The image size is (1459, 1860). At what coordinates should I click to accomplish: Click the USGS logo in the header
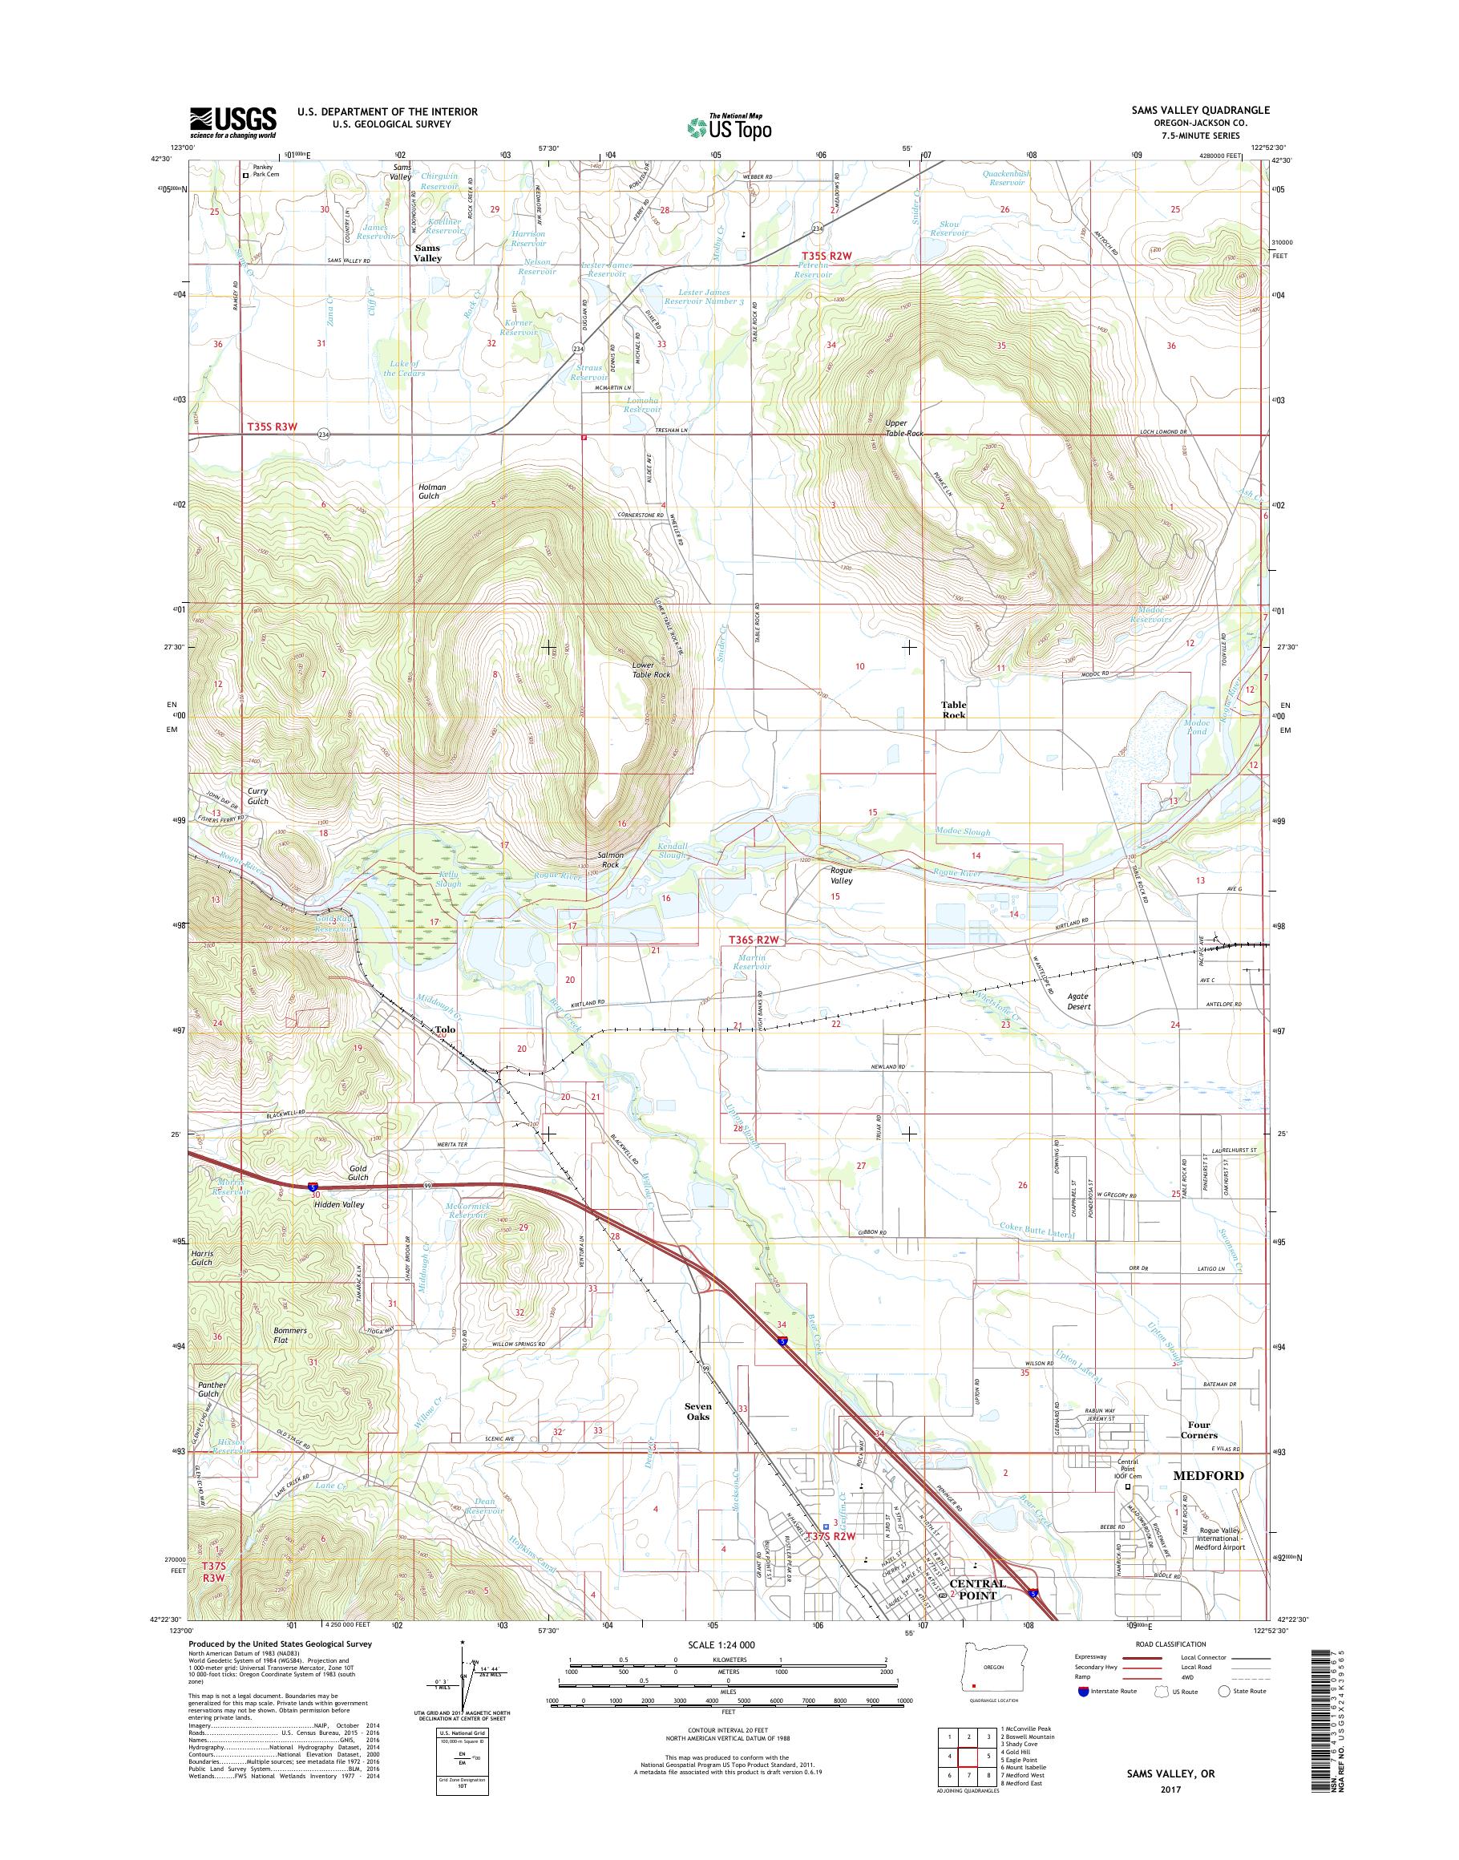click(x=232, y=122)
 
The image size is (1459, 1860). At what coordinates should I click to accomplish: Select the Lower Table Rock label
click(x=650, y=669)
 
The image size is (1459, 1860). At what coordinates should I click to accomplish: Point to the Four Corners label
click(x=1200, y=1430)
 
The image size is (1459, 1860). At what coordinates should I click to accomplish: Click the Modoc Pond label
click(x=1196, y=727)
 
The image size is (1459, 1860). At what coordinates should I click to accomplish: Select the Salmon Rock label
click(x=610, y=859)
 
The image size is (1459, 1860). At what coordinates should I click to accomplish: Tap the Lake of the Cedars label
click(x=402, y=368)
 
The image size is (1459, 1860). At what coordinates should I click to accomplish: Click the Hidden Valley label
click(x=338, y=1205)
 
